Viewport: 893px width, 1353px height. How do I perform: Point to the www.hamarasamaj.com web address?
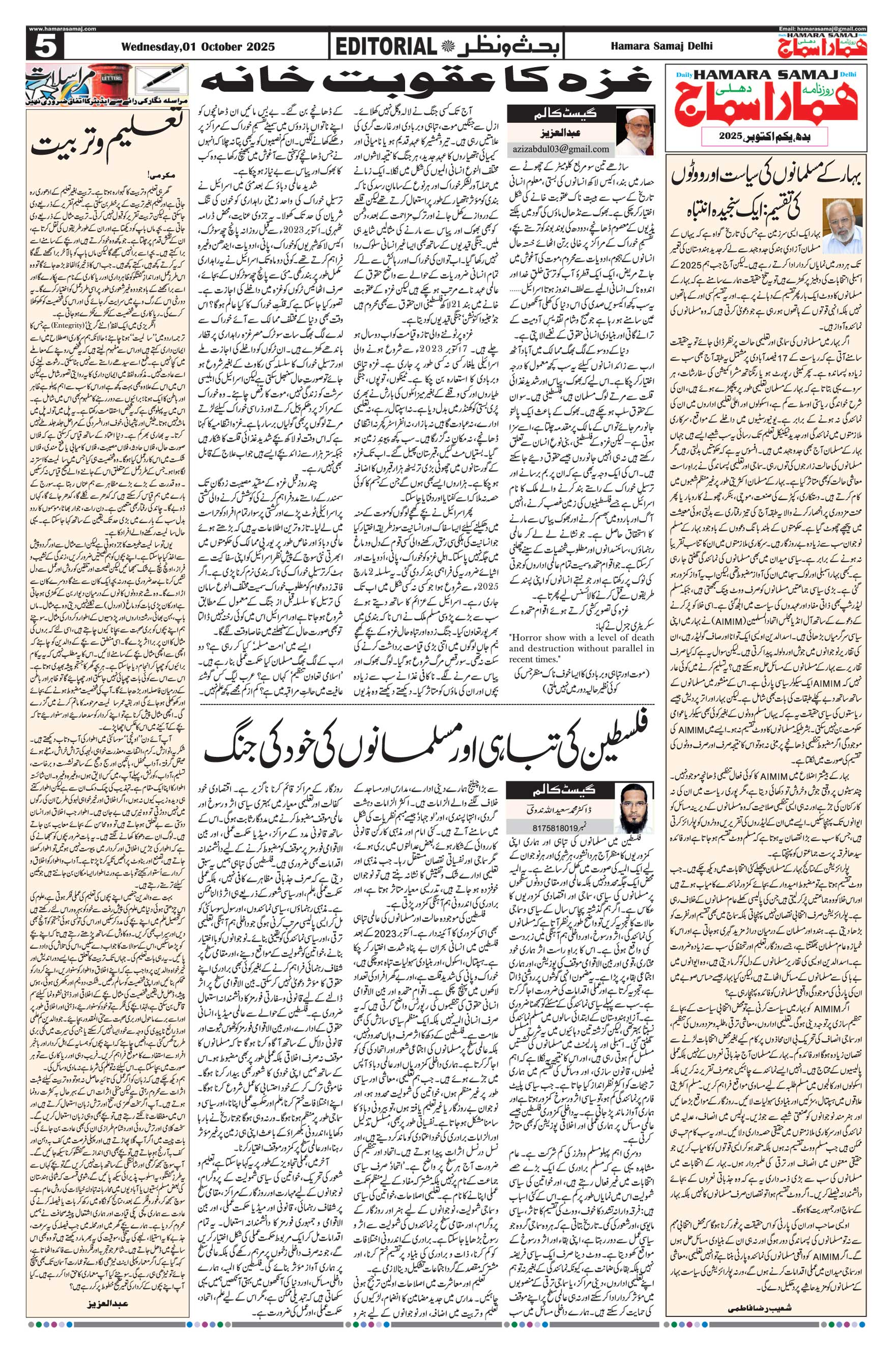(x=62, y=29)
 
